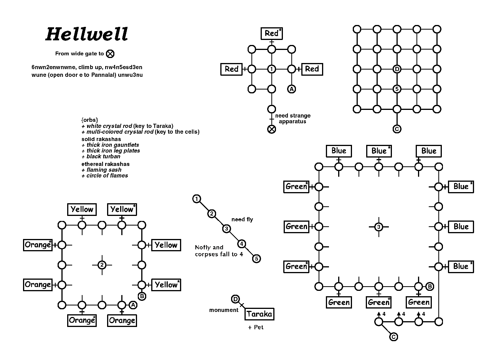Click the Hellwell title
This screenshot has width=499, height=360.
pos(87,34)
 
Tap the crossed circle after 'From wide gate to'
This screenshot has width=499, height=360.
pos(110,54)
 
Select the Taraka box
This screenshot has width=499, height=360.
pos(259,314)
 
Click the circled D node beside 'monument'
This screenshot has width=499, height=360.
pos(236,299)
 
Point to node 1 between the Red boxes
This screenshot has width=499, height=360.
pos(271,69)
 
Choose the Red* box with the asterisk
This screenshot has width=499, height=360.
pos(271,33)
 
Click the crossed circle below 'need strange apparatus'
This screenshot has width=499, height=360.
pos(271,129)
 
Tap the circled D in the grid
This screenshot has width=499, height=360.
pos(397,69)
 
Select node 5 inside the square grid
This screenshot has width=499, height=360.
pos(397,89)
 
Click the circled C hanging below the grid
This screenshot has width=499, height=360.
pos(397,129)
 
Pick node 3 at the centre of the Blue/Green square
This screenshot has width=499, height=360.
pos(378,227)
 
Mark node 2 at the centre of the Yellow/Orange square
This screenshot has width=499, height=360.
pos(102,265)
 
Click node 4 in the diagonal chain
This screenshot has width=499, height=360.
pos(241,244)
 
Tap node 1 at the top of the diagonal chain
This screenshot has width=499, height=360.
pos(197,199)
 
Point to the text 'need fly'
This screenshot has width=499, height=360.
pos(242,219)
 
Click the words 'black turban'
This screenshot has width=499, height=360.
pos(103,156)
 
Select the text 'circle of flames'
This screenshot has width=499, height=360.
pos(107,176)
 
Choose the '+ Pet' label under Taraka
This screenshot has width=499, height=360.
pos(256,327)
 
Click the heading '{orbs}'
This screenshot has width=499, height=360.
pos(89,119)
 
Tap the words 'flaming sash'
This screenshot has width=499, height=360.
pos(104,170)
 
